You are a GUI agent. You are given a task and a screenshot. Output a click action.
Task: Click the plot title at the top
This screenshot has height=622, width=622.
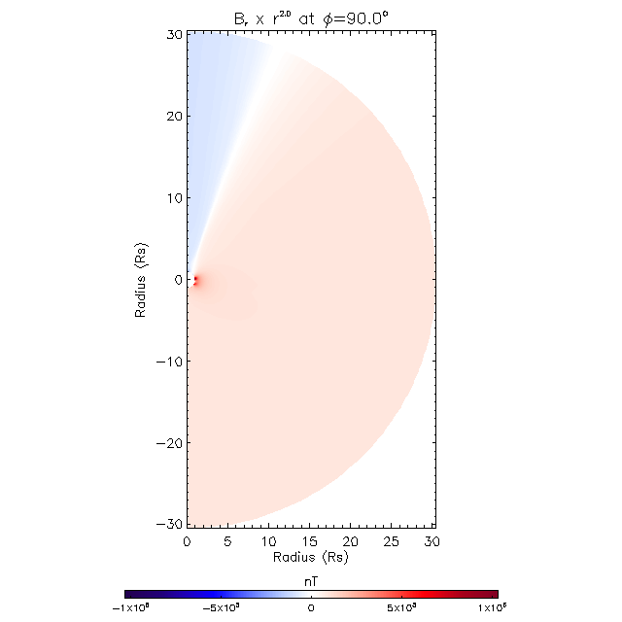coord(310,16)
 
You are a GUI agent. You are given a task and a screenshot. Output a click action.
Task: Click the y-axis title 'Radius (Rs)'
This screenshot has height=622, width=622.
coord(142,280)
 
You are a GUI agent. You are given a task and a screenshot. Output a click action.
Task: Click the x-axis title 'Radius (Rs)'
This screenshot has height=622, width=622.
coord(310,558)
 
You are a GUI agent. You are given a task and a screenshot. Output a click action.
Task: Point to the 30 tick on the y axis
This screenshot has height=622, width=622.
coord(173,35)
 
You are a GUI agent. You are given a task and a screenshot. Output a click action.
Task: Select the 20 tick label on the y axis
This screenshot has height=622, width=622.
coord(173,117)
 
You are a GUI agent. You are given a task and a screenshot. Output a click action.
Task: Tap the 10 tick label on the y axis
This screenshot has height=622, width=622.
coord(173,198)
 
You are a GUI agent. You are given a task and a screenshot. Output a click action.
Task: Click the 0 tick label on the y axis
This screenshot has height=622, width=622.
coord(177,280)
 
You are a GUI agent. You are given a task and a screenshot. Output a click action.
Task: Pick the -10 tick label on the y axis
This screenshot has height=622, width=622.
coord(169,362)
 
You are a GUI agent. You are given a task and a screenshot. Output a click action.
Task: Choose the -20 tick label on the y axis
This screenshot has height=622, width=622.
coord(169,443)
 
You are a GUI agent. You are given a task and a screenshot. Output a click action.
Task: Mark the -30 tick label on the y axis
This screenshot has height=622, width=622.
coord(169,525)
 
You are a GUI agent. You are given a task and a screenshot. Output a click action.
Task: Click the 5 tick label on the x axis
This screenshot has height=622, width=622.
coord(228,541)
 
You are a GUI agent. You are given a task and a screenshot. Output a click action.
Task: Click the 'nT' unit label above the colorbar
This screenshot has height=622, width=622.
coord(311,579)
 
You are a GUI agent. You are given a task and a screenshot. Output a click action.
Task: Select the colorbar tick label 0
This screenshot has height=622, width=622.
coord(311,608)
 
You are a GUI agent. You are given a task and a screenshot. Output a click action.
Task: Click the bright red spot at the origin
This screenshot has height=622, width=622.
coord(195,281)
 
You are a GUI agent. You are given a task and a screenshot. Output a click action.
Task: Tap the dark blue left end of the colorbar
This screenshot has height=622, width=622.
coord(129,593)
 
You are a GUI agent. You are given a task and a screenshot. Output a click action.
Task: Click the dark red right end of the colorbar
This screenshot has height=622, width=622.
coord(493,593)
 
